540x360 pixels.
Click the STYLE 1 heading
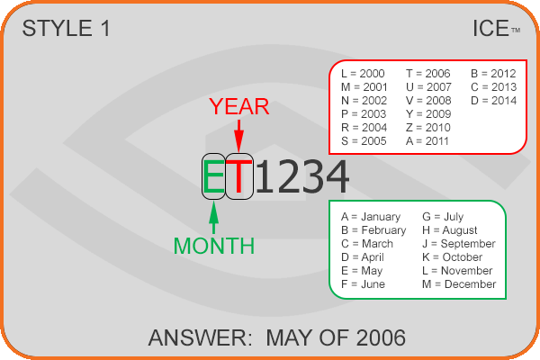(66, 28)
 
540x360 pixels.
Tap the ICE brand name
(490, 28)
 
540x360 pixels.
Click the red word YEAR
(239, 106)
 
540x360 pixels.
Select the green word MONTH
(214, 246)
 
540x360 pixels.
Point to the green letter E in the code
(213, 176)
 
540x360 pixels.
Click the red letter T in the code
(239, 176)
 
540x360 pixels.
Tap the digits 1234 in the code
(302, 176)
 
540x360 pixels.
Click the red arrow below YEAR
(238, 136)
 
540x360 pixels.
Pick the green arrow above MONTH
(214, 218)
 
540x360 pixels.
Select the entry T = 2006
(428, 74)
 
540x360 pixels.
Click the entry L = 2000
(363, 74)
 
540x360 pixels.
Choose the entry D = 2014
(493, 101)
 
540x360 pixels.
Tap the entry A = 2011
(427, 141)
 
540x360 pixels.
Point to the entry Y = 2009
(428, 114)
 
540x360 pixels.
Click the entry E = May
(362, 271)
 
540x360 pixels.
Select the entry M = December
(459, 284)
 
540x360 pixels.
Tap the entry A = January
(371, 217)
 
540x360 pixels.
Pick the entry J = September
(459, 244)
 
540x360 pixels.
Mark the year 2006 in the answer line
(381, 337)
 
